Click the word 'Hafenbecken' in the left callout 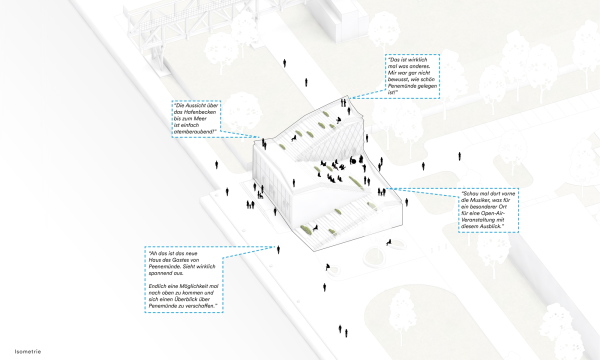tap(201, 111)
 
